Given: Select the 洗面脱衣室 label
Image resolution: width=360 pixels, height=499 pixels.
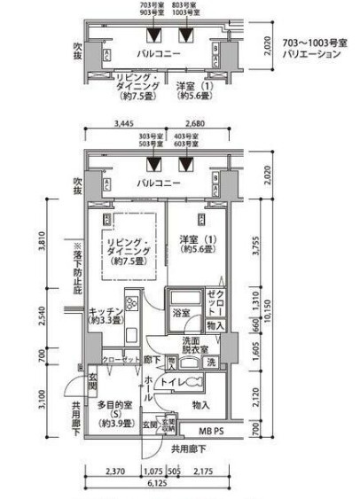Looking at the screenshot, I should pyautogui.click(x=196, y=346).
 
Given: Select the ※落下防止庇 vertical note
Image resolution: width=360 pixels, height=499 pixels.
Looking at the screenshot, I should pyautogui.click(x=76, y=269).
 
